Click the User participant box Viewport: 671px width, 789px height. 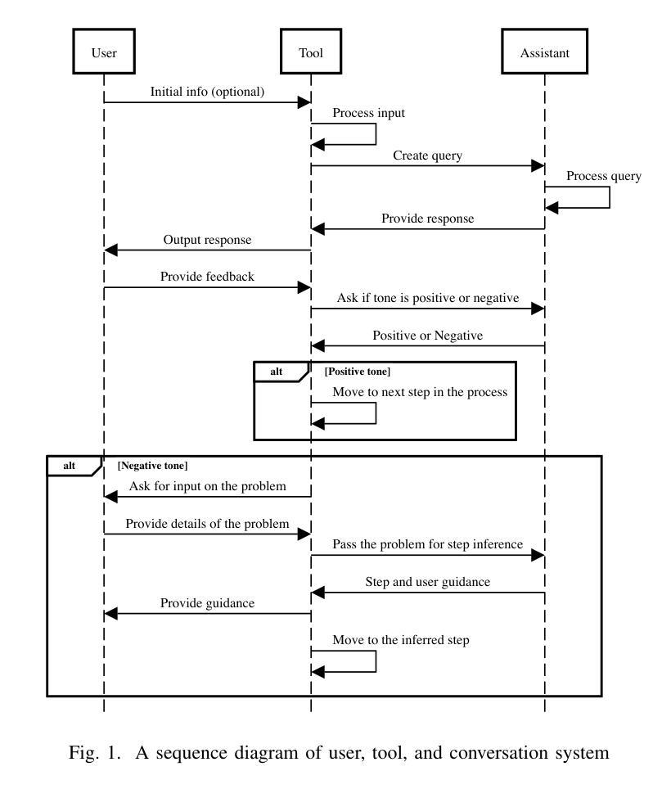[x=104, y=52]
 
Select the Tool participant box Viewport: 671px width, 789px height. [x=311, y=52]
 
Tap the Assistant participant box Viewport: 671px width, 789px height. [x=545, y=52]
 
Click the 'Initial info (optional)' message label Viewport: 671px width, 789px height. [x=207, y=92]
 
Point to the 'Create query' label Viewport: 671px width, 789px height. [x=427, y=156]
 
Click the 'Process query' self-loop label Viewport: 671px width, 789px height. [x=604, y=176]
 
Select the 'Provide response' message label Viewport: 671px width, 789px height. [x=427, y=219]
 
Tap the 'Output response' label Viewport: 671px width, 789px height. [x=207, y=240]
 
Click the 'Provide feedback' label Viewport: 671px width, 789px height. [x=207, y=277]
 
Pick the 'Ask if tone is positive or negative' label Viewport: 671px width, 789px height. [x=427, y=298]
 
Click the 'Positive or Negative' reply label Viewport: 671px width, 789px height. [x=427, y=335]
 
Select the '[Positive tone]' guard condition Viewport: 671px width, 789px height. [x=357, y=372]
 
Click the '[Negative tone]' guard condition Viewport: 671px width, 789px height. [x=152, y=466]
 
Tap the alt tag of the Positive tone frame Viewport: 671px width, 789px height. [x=276, y=372]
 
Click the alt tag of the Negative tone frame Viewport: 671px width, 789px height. [x=69, y=466]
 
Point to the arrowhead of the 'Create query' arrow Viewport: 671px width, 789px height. [x=538, y=165]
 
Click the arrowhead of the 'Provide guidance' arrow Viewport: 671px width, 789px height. [x=110, y=613]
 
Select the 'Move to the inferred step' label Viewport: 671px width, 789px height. [x=401, y=640]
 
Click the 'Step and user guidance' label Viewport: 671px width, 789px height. [x=427, y=582]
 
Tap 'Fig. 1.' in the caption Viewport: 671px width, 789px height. [x=95, y=753]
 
